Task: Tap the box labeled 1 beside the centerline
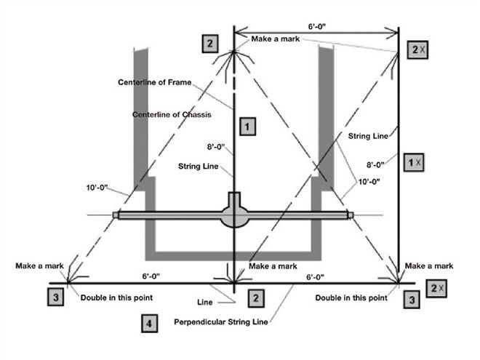click(248, 127)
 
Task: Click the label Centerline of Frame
click(154, 82)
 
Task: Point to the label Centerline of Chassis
click(169, 115)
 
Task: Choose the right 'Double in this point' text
click(352, 298)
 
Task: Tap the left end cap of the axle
click(116, 215)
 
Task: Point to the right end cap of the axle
click(351, 215)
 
